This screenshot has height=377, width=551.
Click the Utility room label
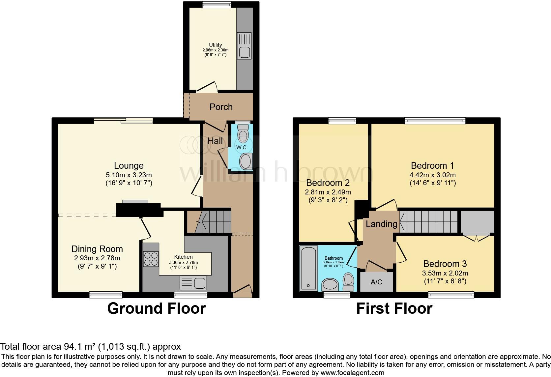pyautogui.click(x=215, y=45)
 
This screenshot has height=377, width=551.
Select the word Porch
pyautogui.click(x=221, y=107)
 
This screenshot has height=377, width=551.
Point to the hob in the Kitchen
pyautogui.click(x=151, y=259)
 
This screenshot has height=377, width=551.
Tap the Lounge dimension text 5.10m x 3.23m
pyautogui.click(x=129, y=175)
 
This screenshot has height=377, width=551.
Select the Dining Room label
pyautogui.click(x=97, y=249)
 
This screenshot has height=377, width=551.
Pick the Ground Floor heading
pyautogui.click(x=157, y=308)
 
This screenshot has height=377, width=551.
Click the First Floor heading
pyautogui.click(x=394, y=308)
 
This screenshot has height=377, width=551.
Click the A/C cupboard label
pyautogui.click(x=376, y=282)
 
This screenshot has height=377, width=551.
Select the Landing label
pyautogui.click(x=381, y=224)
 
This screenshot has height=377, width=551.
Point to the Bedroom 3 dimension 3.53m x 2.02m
pyautogui.click(x=445, y=273)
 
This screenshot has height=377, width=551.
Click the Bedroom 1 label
pyautogui.click(x=432, y=165)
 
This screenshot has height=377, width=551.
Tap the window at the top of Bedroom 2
pyautogui.click(x=342, y=121)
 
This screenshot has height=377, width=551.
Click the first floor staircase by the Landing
pyautogui.click(x=428, y=221)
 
